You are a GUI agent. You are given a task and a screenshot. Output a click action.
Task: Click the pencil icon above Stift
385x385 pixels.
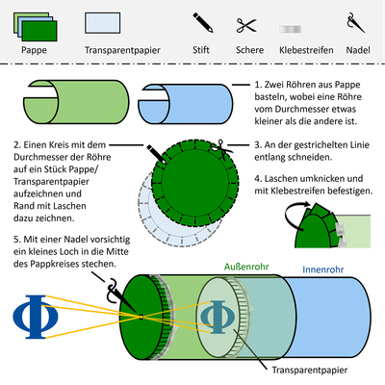[201, 23]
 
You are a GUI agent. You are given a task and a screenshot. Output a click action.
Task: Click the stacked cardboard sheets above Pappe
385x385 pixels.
[35, 24]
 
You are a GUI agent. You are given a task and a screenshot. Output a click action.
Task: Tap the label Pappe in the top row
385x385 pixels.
[35, 47]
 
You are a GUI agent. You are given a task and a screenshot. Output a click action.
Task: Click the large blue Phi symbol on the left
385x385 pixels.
[31, 315]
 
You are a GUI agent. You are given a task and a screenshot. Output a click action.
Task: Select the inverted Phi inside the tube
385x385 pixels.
[218, 315]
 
